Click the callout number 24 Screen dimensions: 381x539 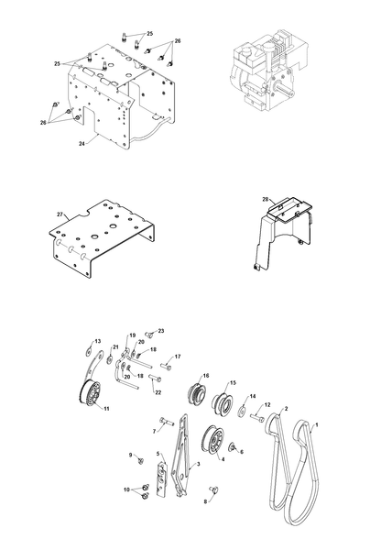pyautogui.click(x=82, y=144)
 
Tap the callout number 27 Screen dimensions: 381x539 pyautogui.click(x=60, y=214)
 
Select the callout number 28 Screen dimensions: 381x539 pyautogui.click(x=266, y=199)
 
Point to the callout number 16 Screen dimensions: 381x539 pyautogui.click(x=206, y=376)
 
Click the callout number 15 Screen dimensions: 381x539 pyautogui.click(x=234, y=382)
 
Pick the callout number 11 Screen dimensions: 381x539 pyautogui.click(x=106, y=409)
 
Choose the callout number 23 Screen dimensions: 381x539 pyautogui.click(x=161, y=331)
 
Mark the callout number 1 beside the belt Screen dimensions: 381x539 pyautogui.click(x=317, y=425)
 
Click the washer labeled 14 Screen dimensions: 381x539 pyautogui.click(x=242, y=411)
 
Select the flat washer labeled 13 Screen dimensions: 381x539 pyautogui.click(x=89, y=351)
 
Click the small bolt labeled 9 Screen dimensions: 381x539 pyautogui.click(x=140, y=460)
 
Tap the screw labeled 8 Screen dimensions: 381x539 pyautogui.click(x=214, y=489)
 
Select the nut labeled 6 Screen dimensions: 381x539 pyautogui.click(x=232, y=446)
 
